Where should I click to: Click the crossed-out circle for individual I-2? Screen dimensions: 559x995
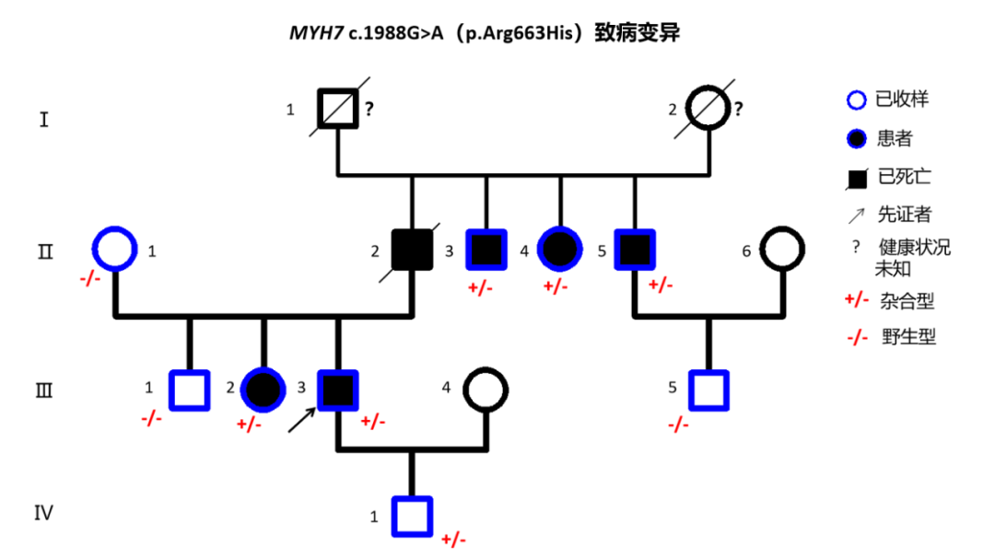[708, 109]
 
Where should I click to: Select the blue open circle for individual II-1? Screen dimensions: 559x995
[115, 249]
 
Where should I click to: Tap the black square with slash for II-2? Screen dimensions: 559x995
[412, 249]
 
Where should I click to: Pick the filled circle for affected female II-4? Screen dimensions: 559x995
[560, 249]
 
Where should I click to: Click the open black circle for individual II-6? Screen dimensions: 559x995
[782, 249]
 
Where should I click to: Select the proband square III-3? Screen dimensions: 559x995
[338, 390]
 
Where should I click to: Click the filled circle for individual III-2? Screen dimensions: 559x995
[263, 390]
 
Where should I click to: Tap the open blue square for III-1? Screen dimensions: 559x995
[190, 390]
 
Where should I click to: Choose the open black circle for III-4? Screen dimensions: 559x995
[486, 390]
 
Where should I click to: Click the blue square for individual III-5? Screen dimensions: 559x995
[708, 390]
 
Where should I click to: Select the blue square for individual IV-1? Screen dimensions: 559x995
[412, 516]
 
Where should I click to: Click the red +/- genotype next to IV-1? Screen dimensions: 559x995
[454, 539]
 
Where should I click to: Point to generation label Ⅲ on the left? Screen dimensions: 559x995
[44, 390]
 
